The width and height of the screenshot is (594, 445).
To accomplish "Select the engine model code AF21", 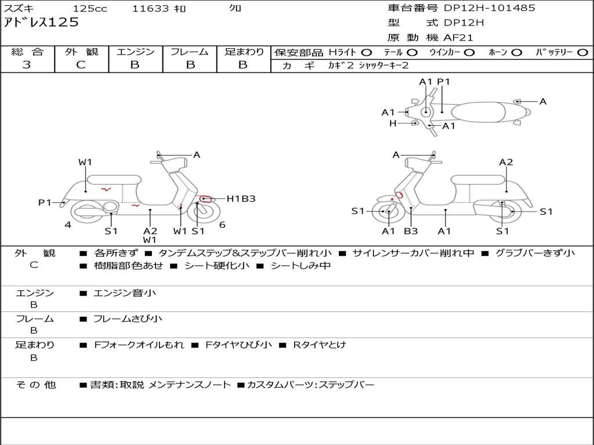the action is tap(459, 38).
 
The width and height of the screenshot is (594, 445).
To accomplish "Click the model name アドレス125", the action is tap(41, 23).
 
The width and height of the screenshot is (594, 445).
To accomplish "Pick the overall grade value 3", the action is tap(27, 65).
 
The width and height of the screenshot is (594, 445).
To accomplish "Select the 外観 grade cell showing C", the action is tap(81, 65).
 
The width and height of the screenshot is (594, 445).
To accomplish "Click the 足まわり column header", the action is tap(244, 52).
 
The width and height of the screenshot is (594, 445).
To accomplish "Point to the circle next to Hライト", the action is tap(367, 53).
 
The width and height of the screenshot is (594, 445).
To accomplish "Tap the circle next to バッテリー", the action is tap(583, 53).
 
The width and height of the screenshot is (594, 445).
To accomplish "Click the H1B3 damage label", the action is tap(241, 199).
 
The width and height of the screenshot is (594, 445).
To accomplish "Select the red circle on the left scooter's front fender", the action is tap(205, 199).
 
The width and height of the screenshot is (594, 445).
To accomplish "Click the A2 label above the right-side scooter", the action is tap(506, 162).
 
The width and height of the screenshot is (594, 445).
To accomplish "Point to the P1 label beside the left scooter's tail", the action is tap(45, 202).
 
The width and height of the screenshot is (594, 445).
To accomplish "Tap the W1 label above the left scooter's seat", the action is tap(85, 162).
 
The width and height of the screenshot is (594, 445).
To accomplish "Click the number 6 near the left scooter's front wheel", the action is tap(222, 225).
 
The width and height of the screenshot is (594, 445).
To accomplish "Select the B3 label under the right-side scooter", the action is tap(411, 231).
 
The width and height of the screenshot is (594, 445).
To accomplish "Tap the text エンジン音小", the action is tap(125, 293).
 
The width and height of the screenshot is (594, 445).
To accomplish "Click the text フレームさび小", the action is tap(128, 319).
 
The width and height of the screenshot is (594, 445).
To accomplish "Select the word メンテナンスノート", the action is tap(190, 385).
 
